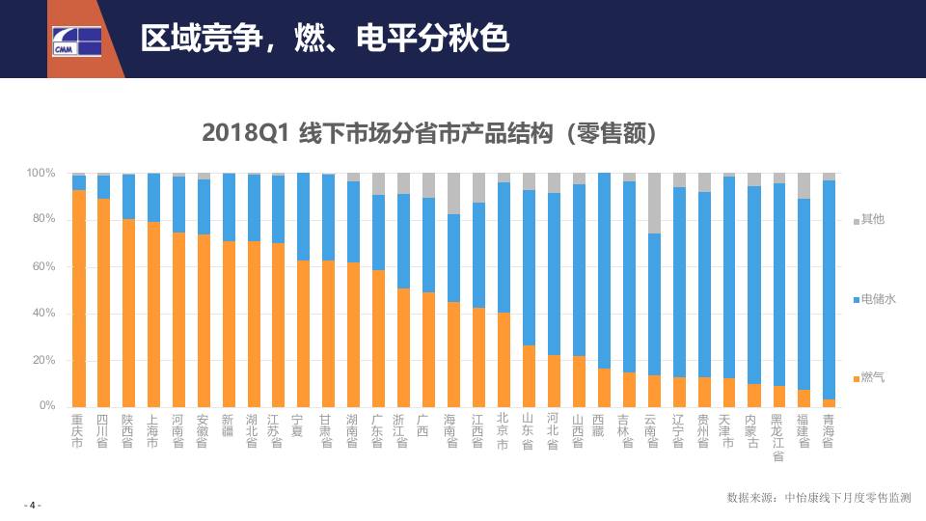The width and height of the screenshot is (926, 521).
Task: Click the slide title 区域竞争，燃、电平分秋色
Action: [x=324, y=38]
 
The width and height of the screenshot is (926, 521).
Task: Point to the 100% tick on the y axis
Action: [x=41, y=174]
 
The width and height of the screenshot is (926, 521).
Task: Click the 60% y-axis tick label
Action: [x=43, y=267]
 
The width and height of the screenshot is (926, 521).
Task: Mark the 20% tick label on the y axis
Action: [x=43, y=361]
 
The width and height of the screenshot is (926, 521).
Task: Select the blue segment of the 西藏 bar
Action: [x=605, y=270]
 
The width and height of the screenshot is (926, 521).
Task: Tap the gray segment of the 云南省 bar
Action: [x=655, y=203]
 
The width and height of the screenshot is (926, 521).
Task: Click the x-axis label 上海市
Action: [x=153, y=431]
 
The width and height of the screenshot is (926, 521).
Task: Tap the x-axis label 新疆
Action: [x=229, y=425]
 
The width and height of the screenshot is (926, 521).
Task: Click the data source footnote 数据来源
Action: [x=818, y=498]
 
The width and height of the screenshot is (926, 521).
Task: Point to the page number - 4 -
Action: [x=32, y=506]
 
